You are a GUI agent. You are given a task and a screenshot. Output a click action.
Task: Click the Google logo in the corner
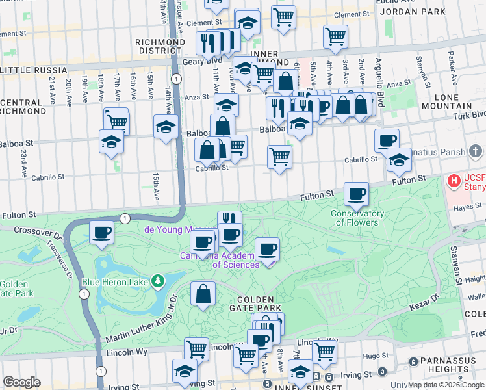pyautogui.click(x=21, y=382)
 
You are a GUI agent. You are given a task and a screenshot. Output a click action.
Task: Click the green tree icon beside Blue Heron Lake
pyautogui.click(x=157, y=281)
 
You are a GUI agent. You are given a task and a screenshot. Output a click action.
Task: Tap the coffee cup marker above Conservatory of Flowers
pyautogui.click(x=356, y=193)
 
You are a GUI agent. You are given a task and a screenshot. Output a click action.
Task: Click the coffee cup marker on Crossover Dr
pyautogui.click(x=101, y=232)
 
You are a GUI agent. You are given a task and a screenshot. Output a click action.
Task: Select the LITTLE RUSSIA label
pyautogui.click(x=34, y=70)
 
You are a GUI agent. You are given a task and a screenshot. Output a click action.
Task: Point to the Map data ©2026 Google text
pyautogui.click(x=446, y=385)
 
